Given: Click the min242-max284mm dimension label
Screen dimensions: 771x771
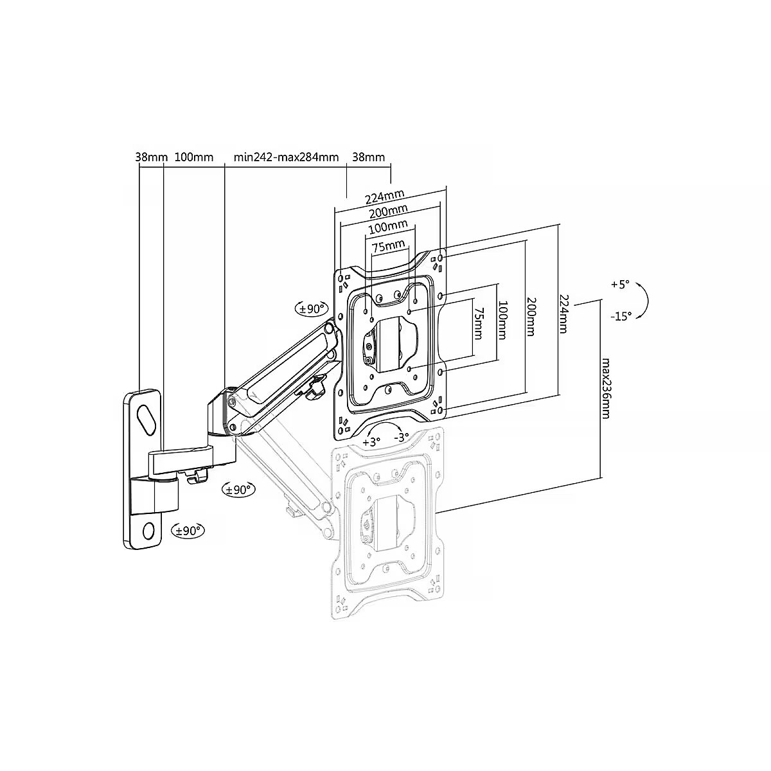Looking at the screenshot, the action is [286, 157].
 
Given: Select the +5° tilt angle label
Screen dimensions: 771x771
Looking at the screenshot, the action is [620, 285].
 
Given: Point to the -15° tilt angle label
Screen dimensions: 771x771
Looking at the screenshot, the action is [621, 316].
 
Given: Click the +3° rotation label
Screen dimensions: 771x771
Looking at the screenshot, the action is [371, 442].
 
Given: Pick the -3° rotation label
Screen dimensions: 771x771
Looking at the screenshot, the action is [402, 438].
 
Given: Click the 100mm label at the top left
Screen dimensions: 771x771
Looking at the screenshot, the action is [194, 157].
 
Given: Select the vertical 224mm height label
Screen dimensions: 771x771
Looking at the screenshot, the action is [563, 314].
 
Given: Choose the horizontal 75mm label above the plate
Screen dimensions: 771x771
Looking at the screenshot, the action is [389, 245].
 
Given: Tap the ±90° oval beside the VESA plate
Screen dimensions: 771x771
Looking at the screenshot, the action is [311, 308].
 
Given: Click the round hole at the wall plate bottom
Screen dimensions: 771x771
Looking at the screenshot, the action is [148, 531].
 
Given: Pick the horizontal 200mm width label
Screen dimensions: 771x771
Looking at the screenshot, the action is [388, 211].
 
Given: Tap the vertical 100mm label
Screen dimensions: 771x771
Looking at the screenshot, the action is [502, 321].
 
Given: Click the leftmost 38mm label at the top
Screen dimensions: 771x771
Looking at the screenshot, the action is [151, 157].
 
